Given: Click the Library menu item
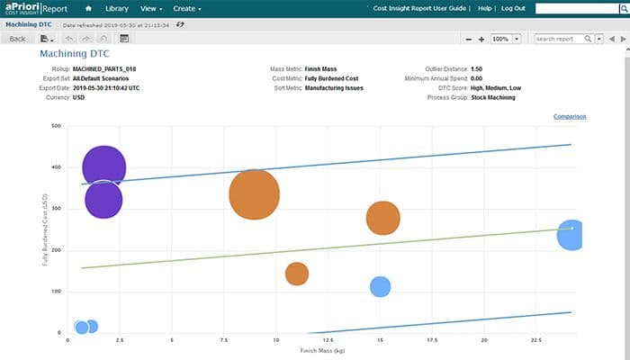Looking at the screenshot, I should (116, 8).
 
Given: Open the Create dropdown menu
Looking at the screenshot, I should (187, 8).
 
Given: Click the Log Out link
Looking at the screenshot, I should (513, 8).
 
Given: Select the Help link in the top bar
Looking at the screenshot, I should (485, 8).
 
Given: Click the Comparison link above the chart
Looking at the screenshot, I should (571, 116).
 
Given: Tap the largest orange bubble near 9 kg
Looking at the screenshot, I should (255, 193).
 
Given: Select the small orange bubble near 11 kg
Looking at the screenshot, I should (297, 274).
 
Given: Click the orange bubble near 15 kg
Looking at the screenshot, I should (383, 218).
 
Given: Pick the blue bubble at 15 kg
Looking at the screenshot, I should (380, 286).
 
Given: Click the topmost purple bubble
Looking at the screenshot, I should (103, 167).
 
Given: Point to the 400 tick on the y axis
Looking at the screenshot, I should (56, 167).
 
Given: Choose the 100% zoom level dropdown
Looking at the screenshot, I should (506, 39).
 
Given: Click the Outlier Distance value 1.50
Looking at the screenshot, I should (477, 69).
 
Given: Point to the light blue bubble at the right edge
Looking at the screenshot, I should (571, 235).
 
